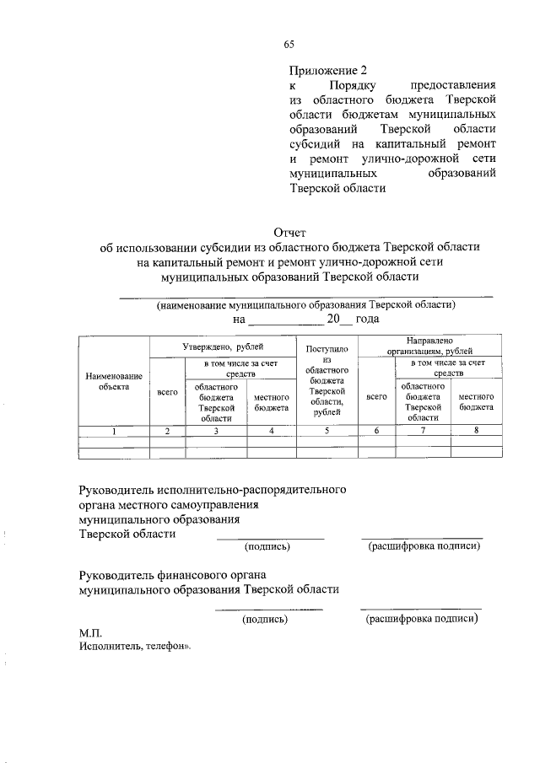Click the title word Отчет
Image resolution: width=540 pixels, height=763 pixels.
[x=289, y=232]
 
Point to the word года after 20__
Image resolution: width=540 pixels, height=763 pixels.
[x=367, y=320]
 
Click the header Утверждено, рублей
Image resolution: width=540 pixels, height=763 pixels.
[x=222, y=347]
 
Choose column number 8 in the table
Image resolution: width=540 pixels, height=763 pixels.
[x=476, y=431]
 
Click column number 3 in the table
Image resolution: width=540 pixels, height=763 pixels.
[x=216, y=431]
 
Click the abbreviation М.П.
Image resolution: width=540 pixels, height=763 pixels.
[x=90, y=631]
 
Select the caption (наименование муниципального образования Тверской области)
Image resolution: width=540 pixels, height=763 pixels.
[x=305, y=304]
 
